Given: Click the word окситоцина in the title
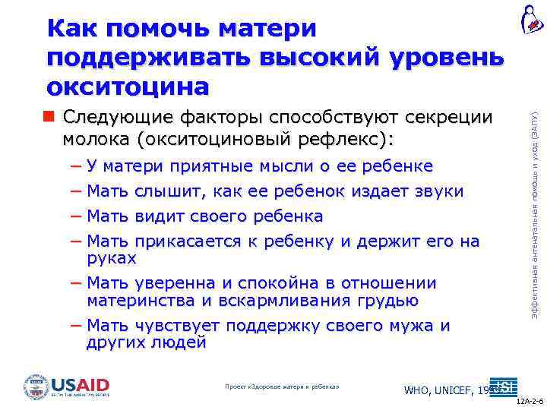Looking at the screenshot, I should click(x=128, y=87).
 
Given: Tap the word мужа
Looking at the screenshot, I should click(x=418, y=326).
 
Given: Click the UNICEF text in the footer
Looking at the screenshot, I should click(x=454, y=390).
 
